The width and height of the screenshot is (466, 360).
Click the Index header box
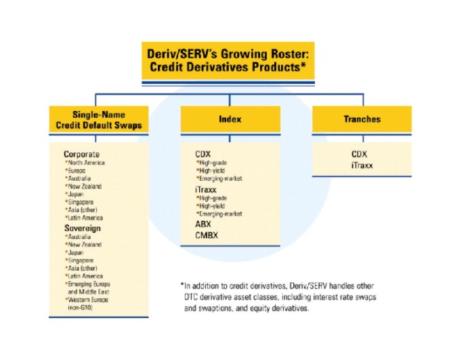(x=230, y=119)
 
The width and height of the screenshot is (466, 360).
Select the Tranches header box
(x=362, y=119)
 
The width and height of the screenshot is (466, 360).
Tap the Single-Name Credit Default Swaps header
(x=99, y=119)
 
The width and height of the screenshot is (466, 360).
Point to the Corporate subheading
(x=81, y=154)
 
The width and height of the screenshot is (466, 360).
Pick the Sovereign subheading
(x=83, y=228)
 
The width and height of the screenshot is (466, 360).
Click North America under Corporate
(x=86, y=163)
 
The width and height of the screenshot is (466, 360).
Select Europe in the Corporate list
(x=77, y=171)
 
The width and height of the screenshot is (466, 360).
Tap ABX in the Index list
(x=203, y=224)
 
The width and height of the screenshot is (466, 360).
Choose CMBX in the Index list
(x=207, y=235)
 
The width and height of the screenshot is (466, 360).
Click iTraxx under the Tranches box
(x=362, y=165)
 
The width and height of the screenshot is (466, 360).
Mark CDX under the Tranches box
(x=359, y=154)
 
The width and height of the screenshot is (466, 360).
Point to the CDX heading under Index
(x=203, y=154)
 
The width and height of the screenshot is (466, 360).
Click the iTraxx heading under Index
(x=206, y=189)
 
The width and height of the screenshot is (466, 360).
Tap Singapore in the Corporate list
(x=81, y=202)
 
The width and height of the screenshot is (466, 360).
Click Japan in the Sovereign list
(x=75, y=253)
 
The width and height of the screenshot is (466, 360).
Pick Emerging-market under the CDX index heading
(x=221, y=179)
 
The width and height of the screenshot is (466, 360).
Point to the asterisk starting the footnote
(x=182, y=285)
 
